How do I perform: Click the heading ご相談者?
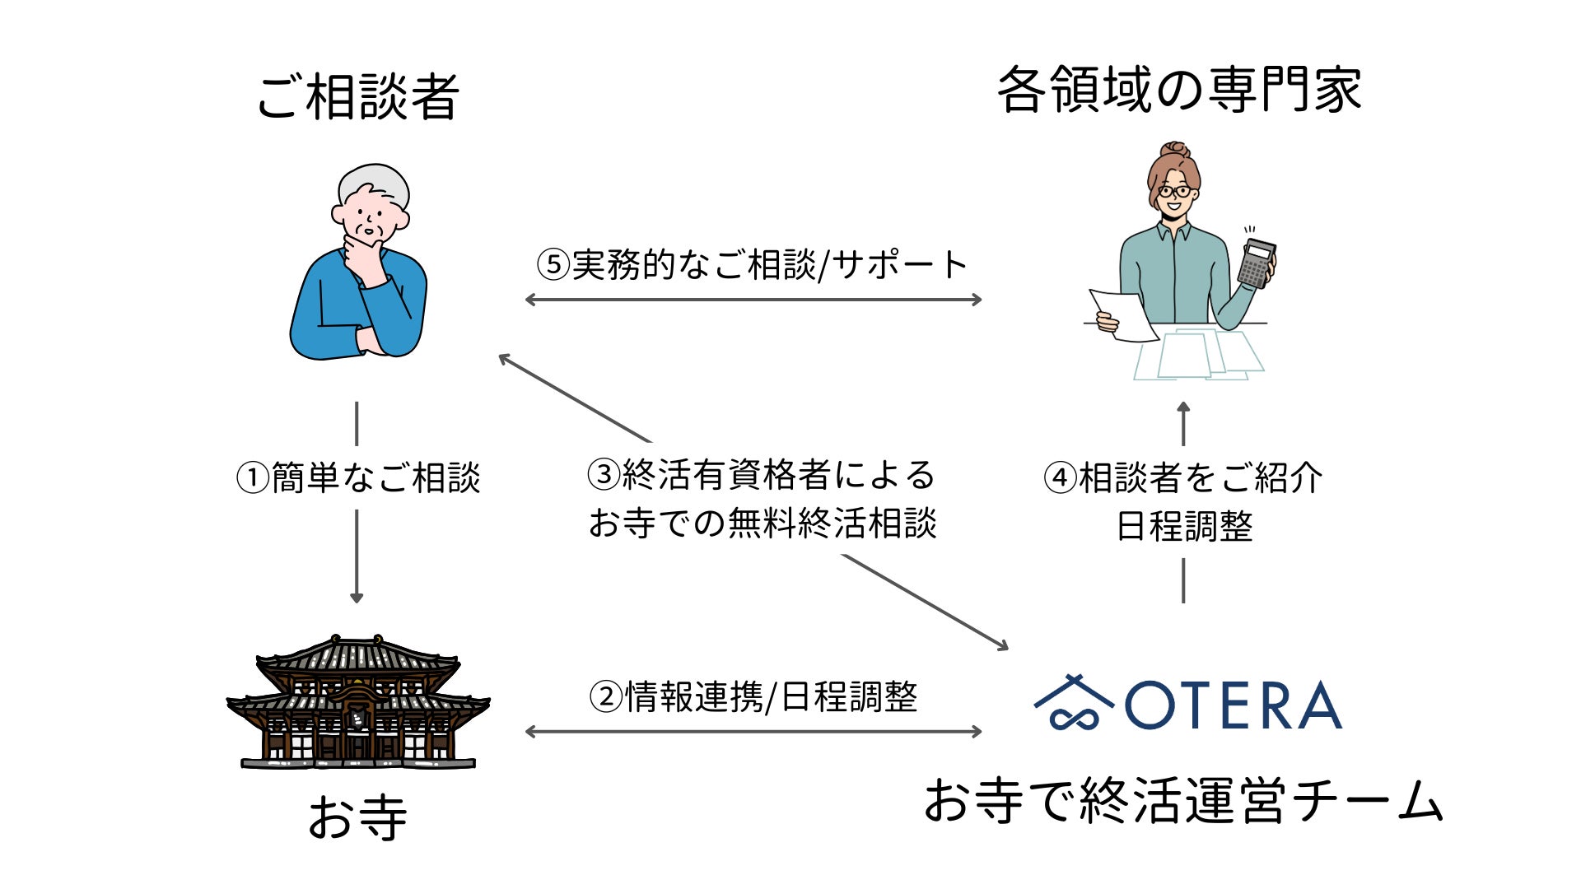(x=357, y=96)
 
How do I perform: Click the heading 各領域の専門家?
(x=1179, y=89)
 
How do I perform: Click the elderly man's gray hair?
(x=375, y=184)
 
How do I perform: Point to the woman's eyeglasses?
(x=1175, y=192)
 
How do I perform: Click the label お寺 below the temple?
(x=357, y=817)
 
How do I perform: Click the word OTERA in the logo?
(x=1233, y=705)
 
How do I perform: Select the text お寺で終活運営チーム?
(x=1182, y=801)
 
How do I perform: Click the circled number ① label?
(x=253, y=478)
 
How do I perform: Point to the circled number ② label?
(x=605, y=697)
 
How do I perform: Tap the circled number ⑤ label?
(x=553, y=265)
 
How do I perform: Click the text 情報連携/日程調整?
(x=771, y=697)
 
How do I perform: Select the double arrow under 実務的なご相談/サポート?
(x=753, y=300)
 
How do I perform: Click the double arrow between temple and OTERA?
(x=753, y=731)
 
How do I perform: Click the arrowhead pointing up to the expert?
(x=1183, y=407)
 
